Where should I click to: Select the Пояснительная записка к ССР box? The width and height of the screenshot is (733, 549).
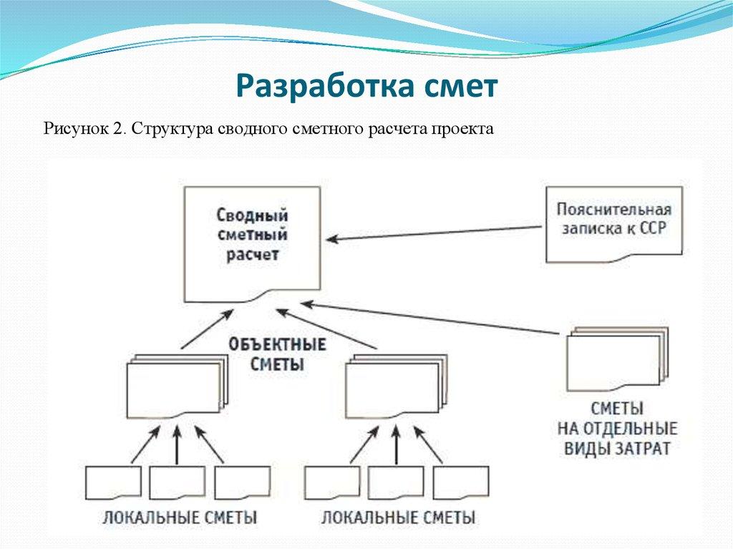click(x=613, y=221)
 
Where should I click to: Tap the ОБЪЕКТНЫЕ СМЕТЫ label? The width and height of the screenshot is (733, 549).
click(x=278, y=354)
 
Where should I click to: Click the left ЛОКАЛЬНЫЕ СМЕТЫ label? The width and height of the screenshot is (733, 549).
click(x=180, y=518)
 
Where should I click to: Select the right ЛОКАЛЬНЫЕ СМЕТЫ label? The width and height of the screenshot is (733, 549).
click(x=398, y=518)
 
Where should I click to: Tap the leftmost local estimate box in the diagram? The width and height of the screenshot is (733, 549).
click(x=112, y=482)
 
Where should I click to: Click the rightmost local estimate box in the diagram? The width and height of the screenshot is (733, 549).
click(x=461, y=482)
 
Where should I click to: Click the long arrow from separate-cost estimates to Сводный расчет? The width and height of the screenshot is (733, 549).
click(x=429, y=319)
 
